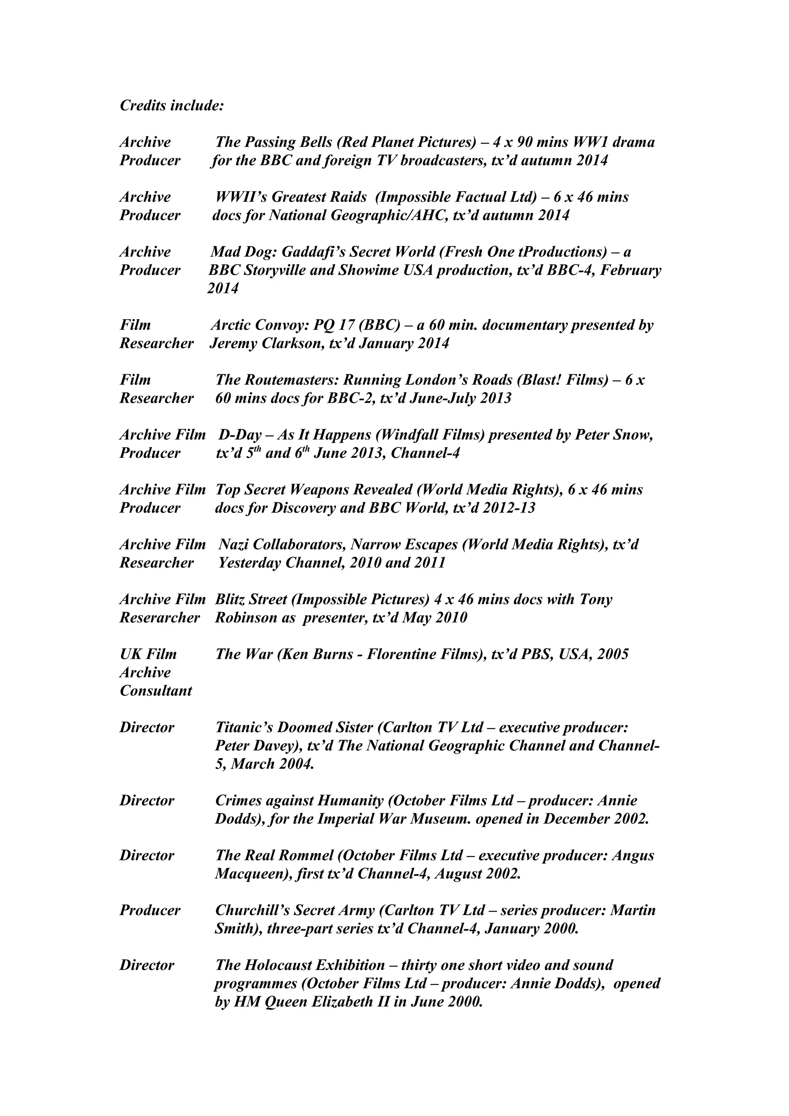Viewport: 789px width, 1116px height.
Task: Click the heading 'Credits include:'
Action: click(x=171, y=106)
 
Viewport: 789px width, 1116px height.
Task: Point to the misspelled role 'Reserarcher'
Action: click(x=160, y=618)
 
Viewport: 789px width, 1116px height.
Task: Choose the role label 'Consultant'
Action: click(x=156, y=691)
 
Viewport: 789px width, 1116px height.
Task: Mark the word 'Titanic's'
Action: click(x=247, y=728)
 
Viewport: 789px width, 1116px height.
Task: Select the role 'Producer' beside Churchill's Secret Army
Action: click(x=150, y=910)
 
